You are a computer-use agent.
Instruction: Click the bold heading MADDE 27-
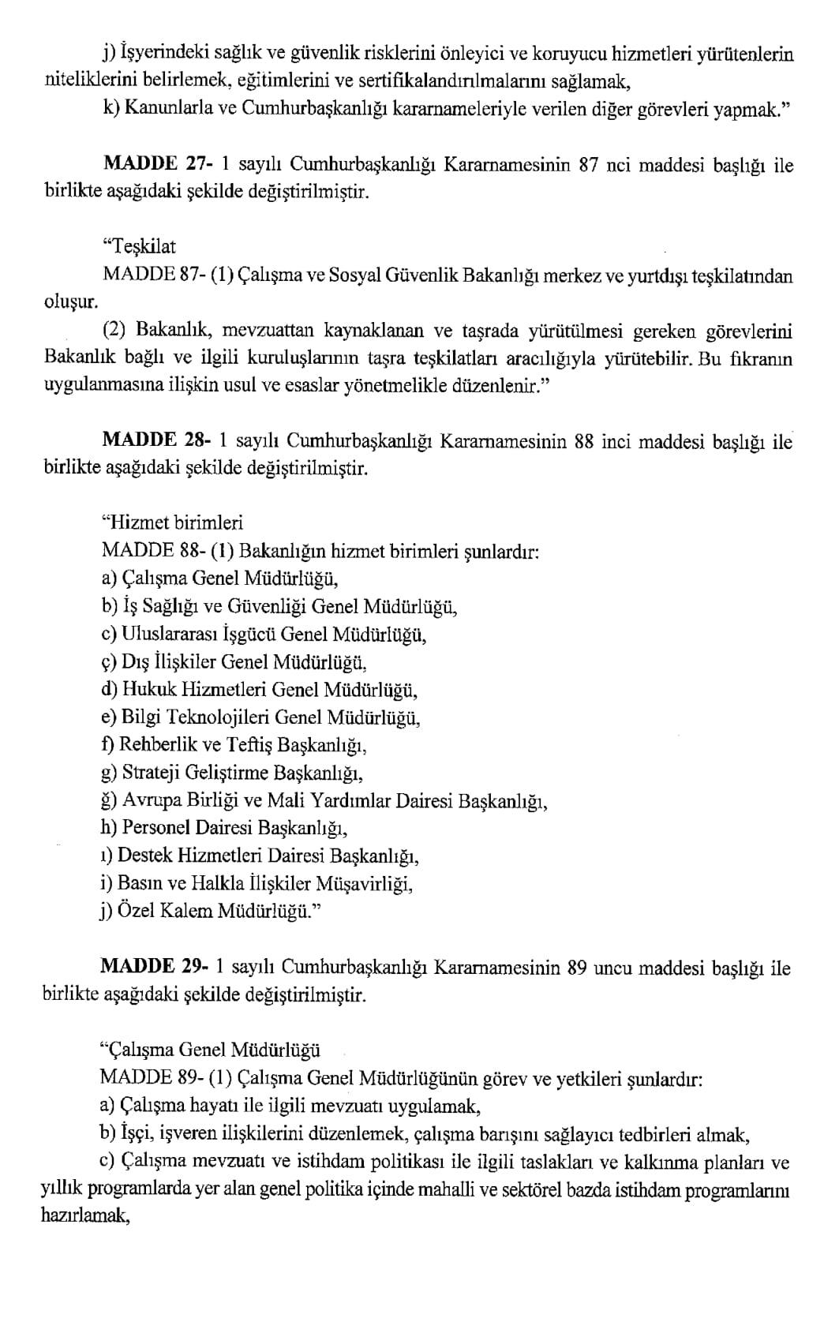pyautogui.click(x=153, y=166)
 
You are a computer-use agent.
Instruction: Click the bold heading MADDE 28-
pyautogui.click(x=153, y=441)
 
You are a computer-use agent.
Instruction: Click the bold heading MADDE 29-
pyautogui.click(x=153, y=968)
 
